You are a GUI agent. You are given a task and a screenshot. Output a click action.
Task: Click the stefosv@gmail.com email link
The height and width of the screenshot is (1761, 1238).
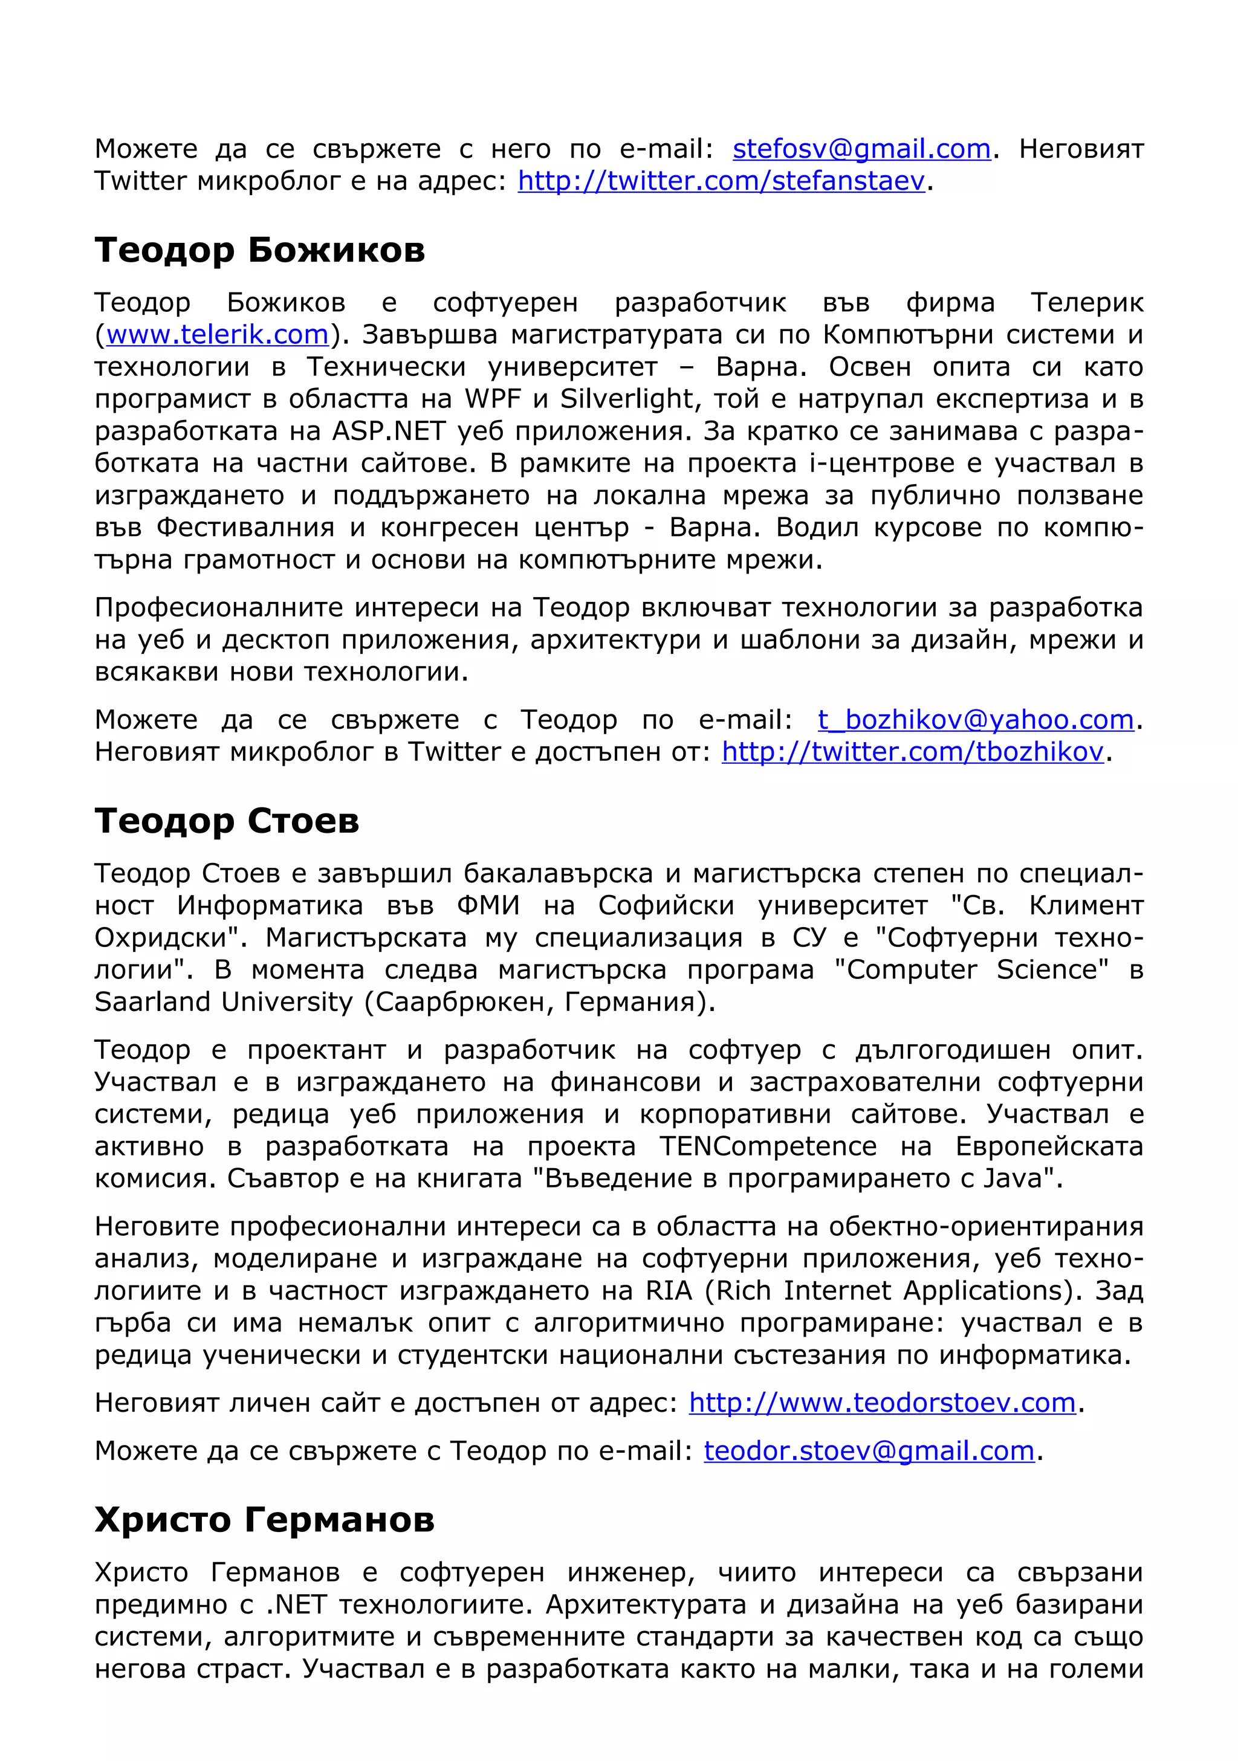click(x=861, y=149)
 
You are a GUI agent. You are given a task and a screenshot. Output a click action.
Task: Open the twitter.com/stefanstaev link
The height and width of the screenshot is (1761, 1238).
click(x=722, y=181)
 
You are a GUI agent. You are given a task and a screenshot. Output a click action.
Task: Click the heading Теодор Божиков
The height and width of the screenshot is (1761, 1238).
click(x=259, y=250)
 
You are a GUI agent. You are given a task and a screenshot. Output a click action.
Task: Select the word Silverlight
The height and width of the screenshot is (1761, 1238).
click(x=627, y=399)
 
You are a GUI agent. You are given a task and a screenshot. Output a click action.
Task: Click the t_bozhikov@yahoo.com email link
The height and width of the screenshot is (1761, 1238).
click(x=976, y=719)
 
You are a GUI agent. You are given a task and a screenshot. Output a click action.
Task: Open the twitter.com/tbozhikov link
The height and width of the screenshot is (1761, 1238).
click(x=912, y=752)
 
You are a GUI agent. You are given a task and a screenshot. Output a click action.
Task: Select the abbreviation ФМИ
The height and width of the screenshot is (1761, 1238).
click(x=488, y=906)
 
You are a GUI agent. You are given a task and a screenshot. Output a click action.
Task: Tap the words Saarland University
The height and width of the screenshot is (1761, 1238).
click(x=223, y=1002)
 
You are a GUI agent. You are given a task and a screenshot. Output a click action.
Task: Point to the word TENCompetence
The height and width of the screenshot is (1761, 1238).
click(x=768, y=1146)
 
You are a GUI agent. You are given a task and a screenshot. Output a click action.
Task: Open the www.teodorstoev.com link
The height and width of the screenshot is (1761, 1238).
click(x=882, y=1403)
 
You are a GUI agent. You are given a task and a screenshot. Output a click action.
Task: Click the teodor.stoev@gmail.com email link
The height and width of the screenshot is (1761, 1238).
click(x=869, y=1450)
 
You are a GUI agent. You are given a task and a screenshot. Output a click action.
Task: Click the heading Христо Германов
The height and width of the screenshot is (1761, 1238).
click(x=264, y=1519)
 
